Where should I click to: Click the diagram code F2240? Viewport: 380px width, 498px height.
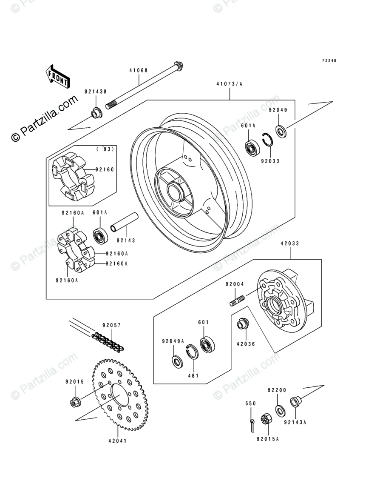click(x=329, y=61)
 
